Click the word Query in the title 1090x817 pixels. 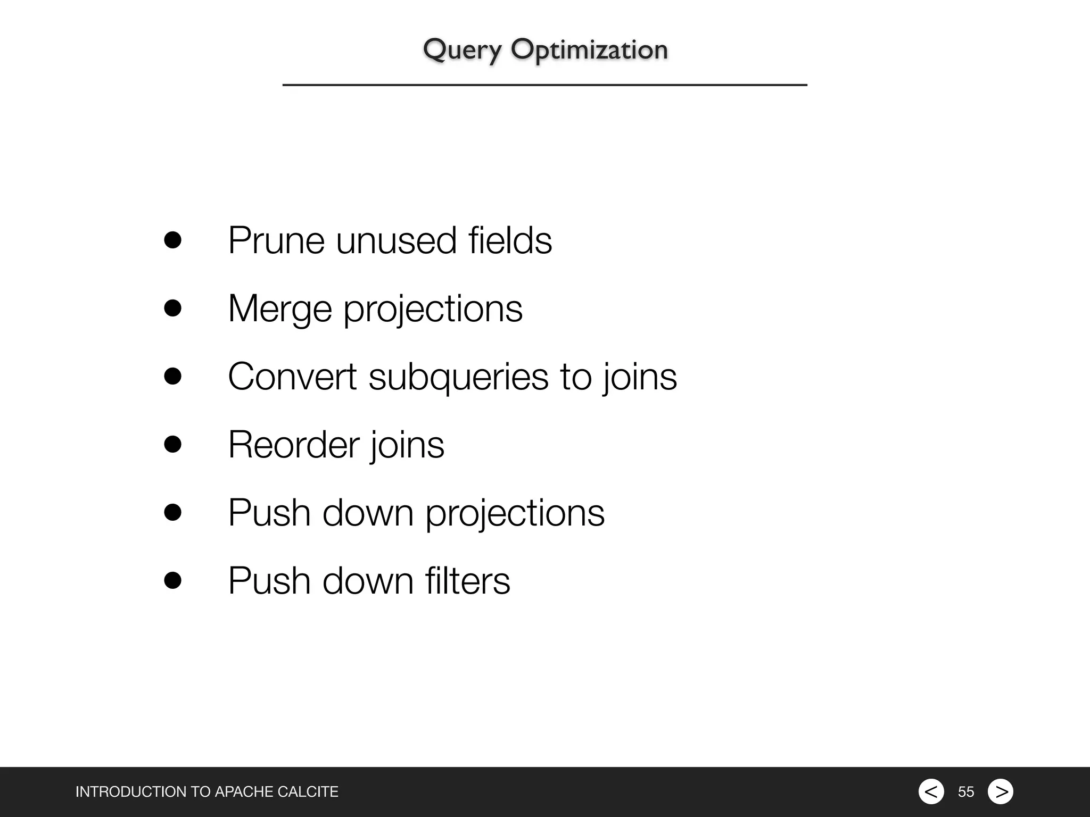[x=462, y=51]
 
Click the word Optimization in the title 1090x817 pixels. [x=589, y=51]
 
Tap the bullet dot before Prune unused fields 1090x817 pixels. [x=172, y=240]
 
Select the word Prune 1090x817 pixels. [x=276, y=241]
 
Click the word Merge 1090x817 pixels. [x=280, y=309]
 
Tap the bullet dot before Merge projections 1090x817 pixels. [x=172, y=308]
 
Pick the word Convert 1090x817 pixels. [x=292, y=377]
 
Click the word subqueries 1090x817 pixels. [x=458, y=377]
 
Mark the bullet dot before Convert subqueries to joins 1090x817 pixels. [x=172, y=376]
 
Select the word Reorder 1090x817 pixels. [x=293, y=445]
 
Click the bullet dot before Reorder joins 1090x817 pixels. [x=172, y=444]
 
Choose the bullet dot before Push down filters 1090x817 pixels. [x=172, y=580]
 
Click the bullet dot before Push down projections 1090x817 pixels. [x=172, y=512]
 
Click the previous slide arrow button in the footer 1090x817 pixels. [x=931, y=791]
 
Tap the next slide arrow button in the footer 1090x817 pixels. [x=1001, y=791]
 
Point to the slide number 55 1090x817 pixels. [x=966, y=792]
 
